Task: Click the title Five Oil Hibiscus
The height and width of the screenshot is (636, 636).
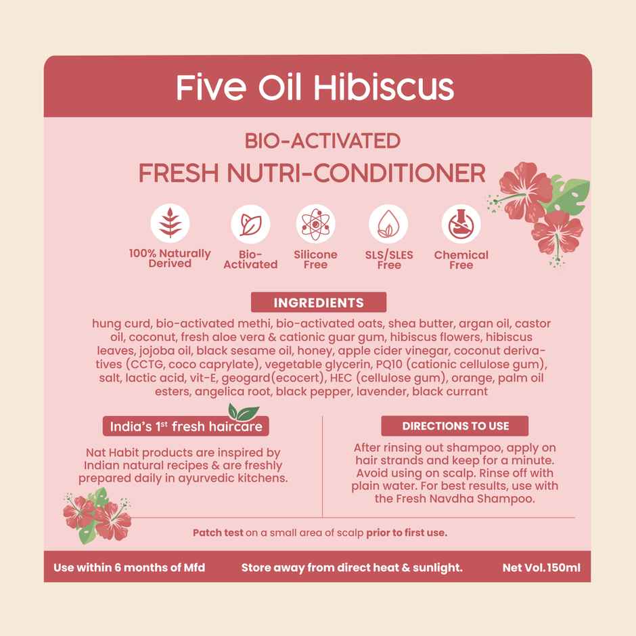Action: (315, 88)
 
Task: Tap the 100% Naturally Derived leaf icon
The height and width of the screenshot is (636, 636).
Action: (170, 223)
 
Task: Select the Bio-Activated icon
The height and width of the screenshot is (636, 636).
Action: (250, 224)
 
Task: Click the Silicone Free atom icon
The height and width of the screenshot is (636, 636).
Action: (315, 224)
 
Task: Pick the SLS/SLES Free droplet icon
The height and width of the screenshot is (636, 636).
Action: (388, 224)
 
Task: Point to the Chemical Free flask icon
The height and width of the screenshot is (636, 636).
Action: (461, 224)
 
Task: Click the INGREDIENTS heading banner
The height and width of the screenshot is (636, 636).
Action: (318, 302)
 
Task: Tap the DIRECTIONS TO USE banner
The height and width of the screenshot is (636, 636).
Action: (455, 426)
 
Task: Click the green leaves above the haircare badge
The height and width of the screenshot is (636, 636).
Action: (242, 411)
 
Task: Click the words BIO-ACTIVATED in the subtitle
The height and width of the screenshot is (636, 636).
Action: (322, 141)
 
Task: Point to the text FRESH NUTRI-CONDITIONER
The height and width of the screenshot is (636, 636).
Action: (312, 173)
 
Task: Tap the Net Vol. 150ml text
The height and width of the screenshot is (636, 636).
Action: (541, 568)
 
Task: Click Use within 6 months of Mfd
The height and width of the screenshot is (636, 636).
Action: (129, 568)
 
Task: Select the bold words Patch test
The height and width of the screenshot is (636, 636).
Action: (217, 533)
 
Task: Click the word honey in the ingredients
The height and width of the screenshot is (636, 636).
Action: (316, 350)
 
